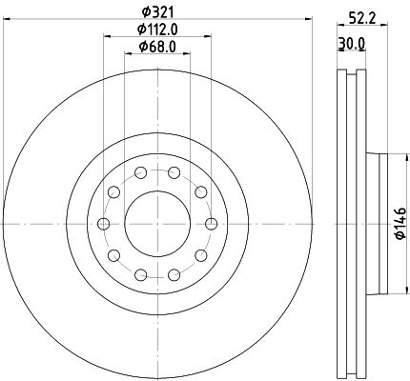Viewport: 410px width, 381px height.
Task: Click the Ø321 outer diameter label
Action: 157,11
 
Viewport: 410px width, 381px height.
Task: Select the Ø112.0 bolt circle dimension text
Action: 157,30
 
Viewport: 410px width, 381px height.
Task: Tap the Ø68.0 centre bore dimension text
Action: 157,47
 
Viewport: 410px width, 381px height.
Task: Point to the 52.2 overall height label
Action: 362,19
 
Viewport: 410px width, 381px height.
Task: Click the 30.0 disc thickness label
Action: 352,44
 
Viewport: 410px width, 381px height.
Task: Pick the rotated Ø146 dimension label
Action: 400,223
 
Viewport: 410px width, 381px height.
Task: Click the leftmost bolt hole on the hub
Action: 103,224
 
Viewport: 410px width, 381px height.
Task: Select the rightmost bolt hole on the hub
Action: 212,224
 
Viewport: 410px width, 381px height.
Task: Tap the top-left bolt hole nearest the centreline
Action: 140,173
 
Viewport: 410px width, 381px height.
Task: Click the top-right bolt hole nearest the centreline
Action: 174,173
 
